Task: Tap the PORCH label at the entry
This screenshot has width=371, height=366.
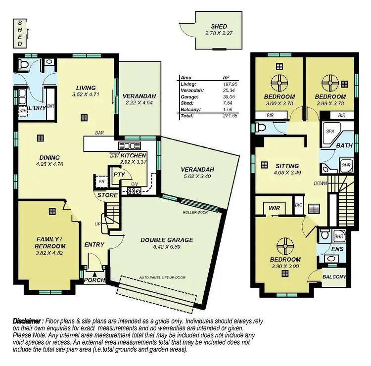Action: pos(95,280)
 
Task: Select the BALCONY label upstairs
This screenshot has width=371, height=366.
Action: pos(334,277)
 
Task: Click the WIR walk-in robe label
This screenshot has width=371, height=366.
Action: pos(275,208)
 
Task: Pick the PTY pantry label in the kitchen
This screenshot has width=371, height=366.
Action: pos(119,175)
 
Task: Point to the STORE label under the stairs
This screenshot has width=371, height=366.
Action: pos(108,195)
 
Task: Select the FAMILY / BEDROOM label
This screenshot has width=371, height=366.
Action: pos(50,242)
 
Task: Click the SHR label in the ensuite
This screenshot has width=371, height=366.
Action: pos(339,235)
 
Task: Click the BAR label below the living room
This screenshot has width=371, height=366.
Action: pos(99,133)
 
